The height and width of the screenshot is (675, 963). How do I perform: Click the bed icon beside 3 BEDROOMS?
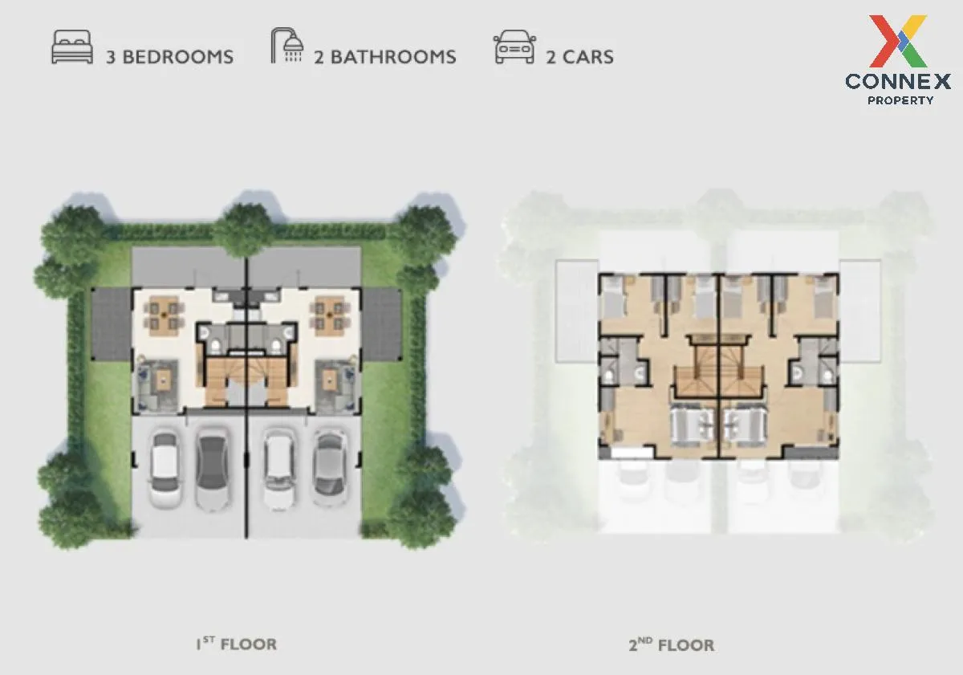click(71, 47)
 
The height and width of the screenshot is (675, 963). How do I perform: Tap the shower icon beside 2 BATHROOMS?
click(287, 46)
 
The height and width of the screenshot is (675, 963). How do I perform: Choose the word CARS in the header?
click(589, 57)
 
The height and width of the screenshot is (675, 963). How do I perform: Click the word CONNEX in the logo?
click(898, 81)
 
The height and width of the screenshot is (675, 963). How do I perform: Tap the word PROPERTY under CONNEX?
click(900, 100)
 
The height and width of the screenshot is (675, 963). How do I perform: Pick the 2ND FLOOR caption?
click(672, 645)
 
